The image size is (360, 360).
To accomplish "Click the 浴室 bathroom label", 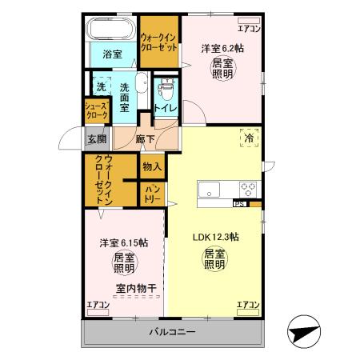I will [112, 54].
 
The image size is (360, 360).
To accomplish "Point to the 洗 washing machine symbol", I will [102, 86].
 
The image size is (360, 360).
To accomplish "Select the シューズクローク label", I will [95, 110].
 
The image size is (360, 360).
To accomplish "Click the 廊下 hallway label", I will [145, 138].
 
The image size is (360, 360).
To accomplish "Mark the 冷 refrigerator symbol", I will [249, 137].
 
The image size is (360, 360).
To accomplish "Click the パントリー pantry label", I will [152, 193].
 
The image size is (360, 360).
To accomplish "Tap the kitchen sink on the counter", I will [210, 190].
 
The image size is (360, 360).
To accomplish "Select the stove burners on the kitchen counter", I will [248, 190].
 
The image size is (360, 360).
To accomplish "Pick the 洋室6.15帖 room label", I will [123, 242].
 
